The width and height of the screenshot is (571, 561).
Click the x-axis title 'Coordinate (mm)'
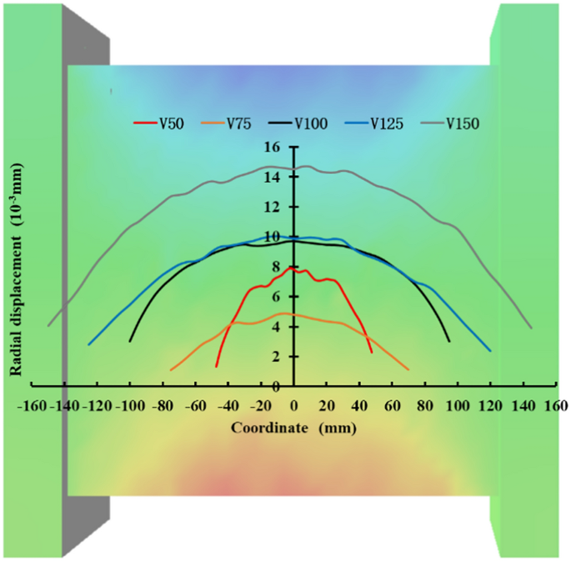(x=292, y=429)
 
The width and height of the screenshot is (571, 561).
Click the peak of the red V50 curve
(x=291, y=268)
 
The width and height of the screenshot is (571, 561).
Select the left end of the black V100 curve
(x=130, y=341)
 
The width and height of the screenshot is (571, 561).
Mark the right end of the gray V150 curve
(x=531, y=327)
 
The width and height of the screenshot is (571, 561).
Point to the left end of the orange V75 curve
(x=171, y=369)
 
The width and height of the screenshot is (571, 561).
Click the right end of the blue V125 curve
(x=489, y=351)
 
